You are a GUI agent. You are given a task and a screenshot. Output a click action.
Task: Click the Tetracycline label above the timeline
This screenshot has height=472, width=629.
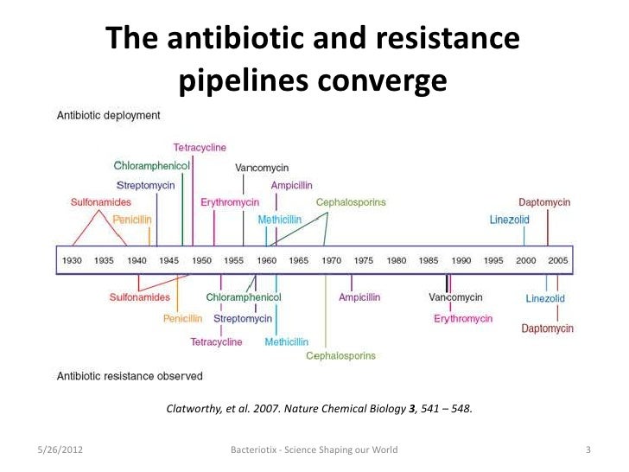click(x=200, y=148)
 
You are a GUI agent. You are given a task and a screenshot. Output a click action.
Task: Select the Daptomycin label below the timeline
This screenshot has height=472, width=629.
click(x=547, y=328)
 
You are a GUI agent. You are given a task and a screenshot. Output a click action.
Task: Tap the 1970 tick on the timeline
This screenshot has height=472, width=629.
click(x=331, y=259)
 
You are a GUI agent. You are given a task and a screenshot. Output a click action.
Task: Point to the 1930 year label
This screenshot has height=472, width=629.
click(x=72, y=259)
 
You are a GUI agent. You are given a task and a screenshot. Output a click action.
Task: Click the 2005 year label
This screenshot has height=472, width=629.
click(x=557, y=259)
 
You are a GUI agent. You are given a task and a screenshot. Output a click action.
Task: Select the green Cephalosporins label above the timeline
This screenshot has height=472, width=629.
click(x=351, y=202)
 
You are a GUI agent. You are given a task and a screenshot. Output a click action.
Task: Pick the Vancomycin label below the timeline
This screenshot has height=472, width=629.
click(x=455, y=297)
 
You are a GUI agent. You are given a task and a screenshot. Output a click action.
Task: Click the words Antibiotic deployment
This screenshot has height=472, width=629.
click(x=108, y=115)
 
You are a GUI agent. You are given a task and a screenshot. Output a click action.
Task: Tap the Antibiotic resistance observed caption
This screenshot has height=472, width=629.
click(x=130, y=376)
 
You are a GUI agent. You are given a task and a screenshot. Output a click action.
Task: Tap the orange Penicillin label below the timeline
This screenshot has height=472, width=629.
click(x=182, y=318)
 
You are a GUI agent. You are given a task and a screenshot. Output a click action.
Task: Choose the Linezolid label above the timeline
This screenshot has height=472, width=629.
click(x=509, y=220)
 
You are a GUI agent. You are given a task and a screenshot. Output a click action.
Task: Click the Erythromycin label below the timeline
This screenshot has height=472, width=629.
click(x=463, y=318)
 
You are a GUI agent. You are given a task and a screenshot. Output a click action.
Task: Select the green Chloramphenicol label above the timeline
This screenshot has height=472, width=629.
click(x=151, y=165)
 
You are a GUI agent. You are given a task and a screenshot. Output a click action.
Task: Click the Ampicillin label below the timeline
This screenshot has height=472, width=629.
click(x=359, y=297)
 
